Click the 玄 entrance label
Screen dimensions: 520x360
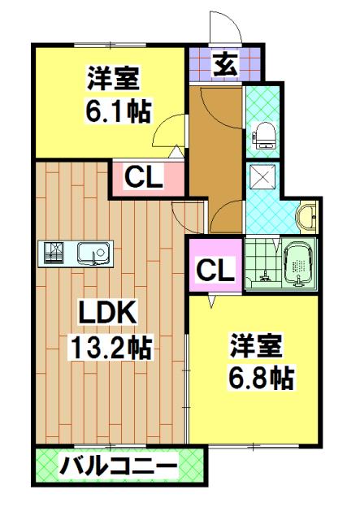pyautogui.click(x=226, y=63)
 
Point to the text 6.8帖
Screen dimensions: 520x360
pyautogui.click(x=260, y=375)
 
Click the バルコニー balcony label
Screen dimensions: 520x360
pyautogui.click(x=118, y=467)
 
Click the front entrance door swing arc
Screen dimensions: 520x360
pyautogui.click(x=224, y=28)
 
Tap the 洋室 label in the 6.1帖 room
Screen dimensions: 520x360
pyautogui.click(x=115, y=79)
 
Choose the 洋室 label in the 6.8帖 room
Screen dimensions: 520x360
pyautogui.click(x=255, y=344)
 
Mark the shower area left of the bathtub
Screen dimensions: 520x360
pyautogui.click(x=262, y=264)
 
